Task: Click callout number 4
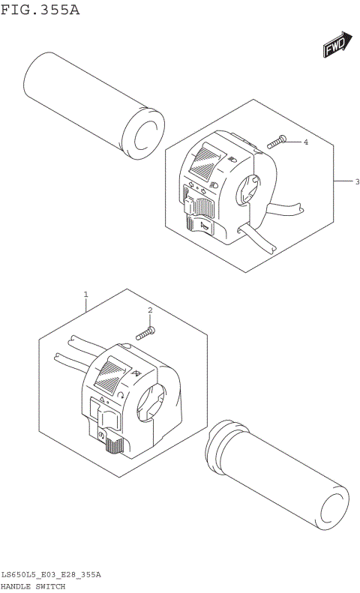[x=306, y=142]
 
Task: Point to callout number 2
[x=150, y=310]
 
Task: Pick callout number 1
[x=86, y=295]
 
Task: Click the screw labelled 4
[x=277, y=140]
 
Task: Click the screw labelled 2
[x=147, y=331]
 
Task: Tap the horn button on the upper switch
[x=202, y=224]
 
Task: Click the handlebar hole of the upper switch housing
[x=248, y=190]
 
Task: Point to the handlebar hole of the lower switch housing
[x=154, y=400]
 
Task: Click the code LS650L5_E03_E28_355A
[x=50, y=574]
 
